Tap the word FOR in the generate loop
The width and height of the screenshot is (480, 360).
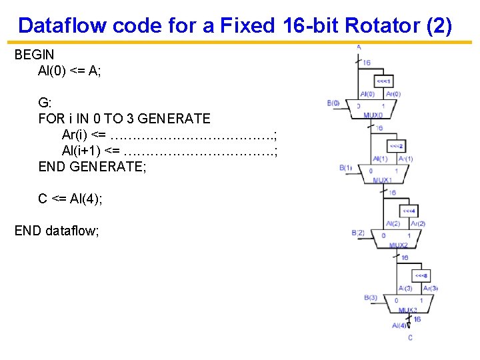pyautogui.click(x=51, y=119)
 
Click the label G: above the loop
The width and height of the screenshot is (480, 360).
pyautogui.click(x=45, y=103)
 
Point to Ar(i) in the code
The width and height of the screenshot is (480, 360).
pyautogui.click(x=78, y=135)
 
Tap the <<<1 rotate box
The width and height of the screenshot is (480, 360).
pyautogui.click(x=385, y=81)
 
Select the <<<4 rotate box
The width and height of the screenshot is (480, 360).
pyautogui.click(x=409, y=211)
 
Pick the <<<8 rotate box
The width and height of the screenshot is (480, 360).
pyautogui.click(x=421, y=275)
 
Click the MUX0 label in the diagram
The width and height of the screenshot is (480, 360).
pyautogui.click(x=373, y=115)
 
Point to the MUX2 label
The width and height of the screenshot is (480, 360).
pyautogui.click(x=399, y=245)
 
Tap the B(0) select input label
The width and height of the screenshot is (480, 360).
pyautogui.click(x=333, y=103)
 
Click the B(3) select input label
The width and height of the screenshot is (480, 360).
pyautogui.click(x=371, y=297)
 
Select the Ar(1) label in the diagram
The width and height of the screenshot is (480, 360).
pyautogui.click(x=405, y=159)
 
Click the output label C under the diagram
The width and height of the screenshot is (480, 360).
pyautogui.click(x=410, y=337)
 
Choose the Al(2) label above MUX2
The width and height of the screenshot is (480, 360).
pyautogui.click(x=393, y=223)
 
